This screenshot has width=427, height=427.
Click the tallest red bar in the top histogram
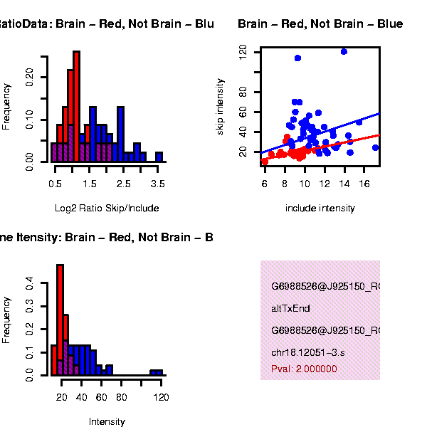[77, 107]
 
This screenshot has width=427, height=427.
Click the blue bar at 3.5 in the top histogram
[159, 157]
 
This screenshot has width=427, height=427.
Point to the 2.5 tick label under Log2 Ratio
[124, 184]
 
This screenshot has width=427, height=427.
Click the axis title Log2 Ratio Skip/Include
[107, 209]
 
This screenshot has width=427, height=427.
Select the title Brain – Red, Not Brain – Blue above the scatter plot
[320, 24]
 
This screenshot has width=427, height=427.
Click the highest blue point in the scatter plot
[344, 51]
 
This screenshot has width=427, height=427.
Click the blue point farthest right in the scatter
[375, 148]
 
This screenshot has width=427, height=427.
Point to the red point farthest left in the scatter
[265, 162]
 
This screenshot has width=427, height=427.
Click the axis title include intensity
[320, 209]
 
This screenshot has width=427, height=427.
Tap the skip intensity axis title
[221, 107]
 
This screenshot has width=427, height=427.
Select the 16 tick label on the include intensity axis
[365, 184]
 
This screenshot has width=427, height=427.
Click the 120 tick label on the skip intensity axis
[243, 51]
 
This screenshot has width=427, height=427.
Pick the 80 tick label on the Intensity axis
[122, 397]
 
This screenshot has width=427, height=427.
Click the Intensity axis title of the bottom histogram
[107, 422]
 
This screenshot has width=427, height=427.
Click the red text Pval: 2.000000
[304, 369]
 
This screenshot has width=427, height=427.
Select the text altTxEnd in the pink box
[290, 309]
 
